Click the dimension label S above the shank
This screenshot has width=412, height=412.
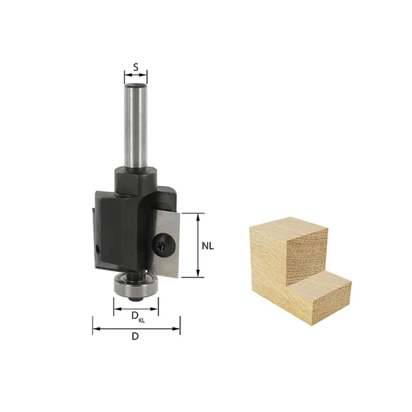(x=135, y=67)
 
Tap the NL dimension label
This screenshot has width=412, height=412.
(x=208, y=246)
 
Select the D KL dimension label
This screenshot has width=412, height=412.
(x=138, y=317)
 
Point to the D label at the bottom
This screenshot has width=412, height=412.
(x=135, y=336)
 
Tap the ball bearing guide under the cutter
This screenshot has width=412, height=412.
(x=136, y=285)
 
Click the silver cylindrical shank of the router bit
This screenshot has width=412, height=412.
(x=135, y=126)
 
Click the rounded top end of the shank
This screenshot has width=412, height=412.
(x=135, y=86)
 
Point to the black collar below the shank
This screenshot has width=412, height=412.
(x=135, y=181)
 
